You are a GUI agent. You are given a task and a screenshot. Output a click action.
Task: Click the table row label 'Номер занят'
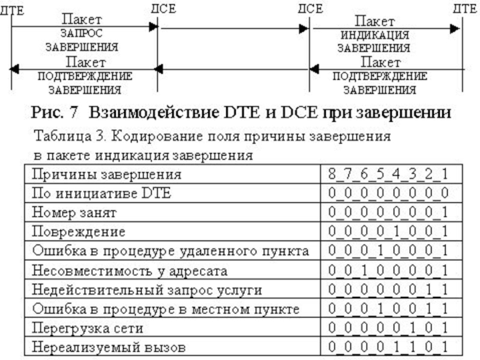[74, 213]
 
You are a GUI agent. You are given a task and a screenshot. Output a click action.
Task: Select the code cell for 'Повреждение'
[388, 232]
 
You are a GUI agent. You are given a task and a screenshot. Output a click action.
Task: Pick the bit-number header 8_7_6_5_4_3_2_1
[388, 175]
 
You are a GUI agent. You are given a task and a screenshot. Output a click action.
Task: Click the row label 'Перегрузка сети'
[86, 329]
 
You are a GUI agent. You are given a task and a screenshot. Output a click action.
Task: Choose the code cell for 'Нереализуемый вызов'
[388, 347]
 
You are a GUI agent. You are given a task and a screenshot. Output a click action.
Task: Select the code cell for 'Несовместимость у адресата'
[388, 271]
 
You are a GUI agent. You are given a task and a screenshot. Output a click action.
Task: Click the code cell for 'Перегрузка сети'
[388, 329]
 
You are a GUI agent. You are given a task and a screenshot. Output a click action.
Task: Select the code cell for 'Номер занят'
[388, 213]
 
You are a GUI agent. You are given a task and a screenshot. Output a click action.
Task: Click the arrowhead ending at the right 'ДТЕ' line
[457, 28]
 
